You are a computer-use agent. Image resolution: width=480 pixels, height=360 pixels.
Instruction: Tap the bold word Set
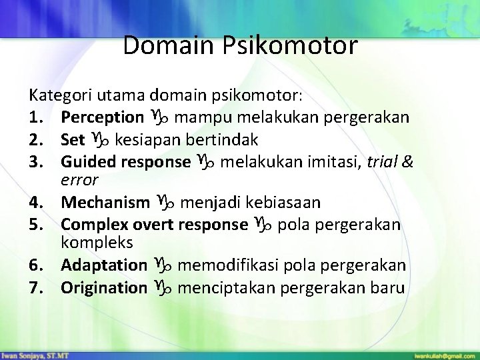click(73, 140)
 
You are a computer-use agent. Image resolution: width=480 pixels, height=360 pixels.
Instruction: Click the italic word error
click(79, 179)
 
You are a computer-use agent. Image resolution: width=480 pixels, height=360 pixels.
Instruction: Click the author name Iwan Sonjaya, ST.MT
click(28, 351)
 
